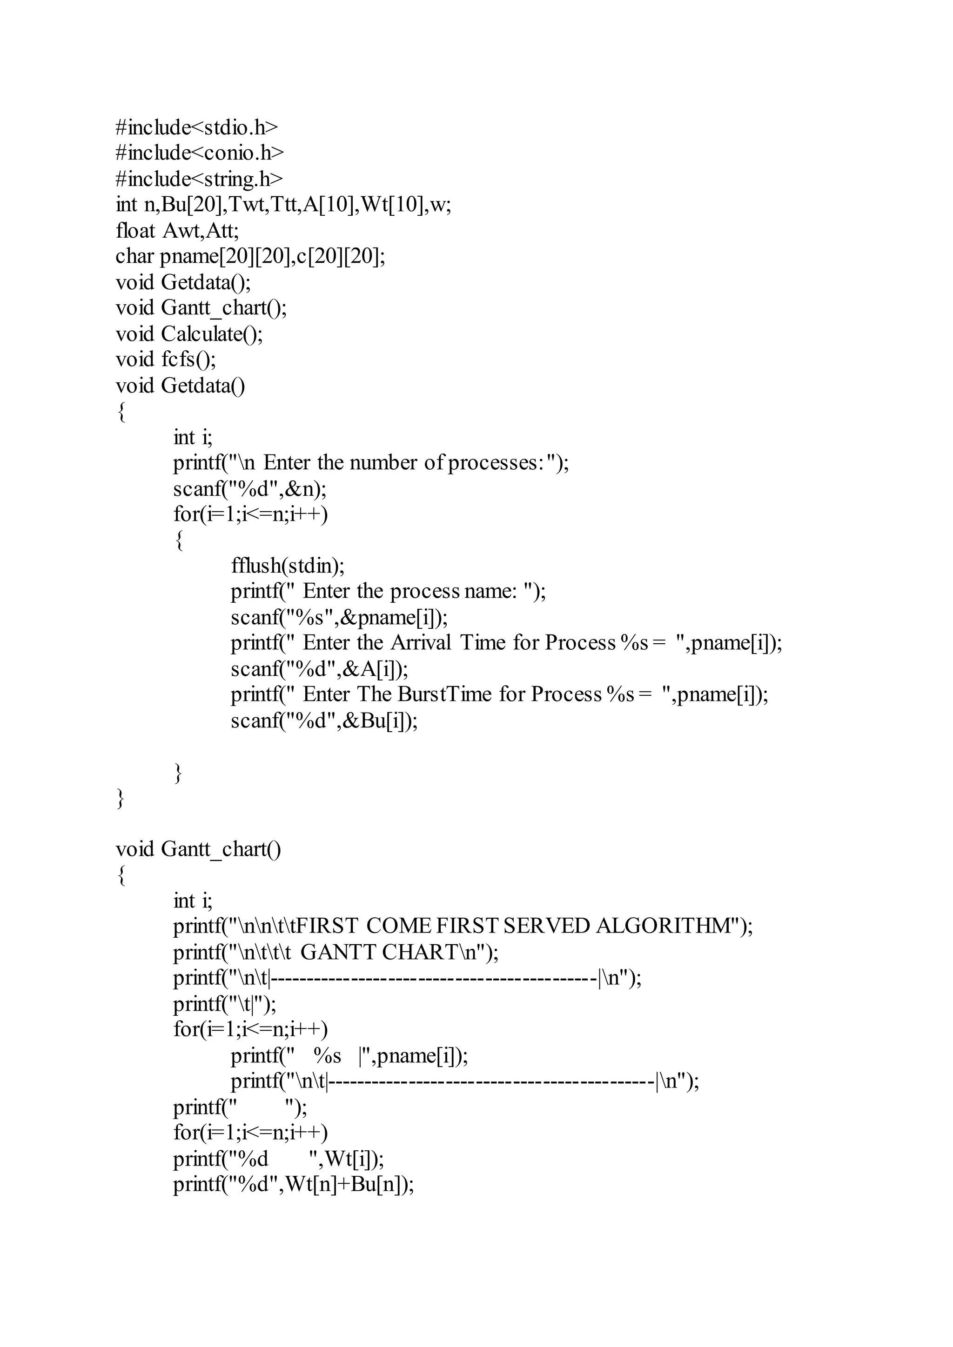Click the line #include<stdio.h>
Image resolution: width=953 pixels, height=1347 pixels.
coord(196,127)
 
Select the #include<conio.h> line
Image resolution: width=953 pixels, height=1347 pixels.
coord(200,153)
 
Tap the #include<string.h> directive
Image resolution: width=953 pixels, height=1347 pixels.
coord(199,179)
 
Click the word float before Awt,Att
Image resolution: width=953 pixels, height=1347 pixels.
coord(135,231)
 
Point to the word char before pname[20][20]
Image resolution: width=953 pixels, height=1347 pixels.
coord(134,256)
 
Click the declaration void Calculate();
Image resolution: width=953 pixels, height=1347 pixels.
coord(189,334)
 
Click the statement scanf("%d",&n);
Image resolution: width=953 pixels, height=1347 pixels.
coord(250,489)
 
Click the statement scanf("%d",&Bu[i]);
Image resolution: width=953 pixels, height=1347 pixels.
coord(324,720)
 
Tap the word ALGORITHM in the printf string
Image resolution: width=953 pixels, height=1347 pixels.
coord(666,926)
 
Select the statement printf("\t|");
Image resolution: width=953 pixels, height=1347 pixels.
coord(225,1004)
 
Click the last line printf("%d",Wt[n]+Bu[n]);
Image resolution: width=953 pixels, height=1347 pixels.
coord(294,1185)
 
